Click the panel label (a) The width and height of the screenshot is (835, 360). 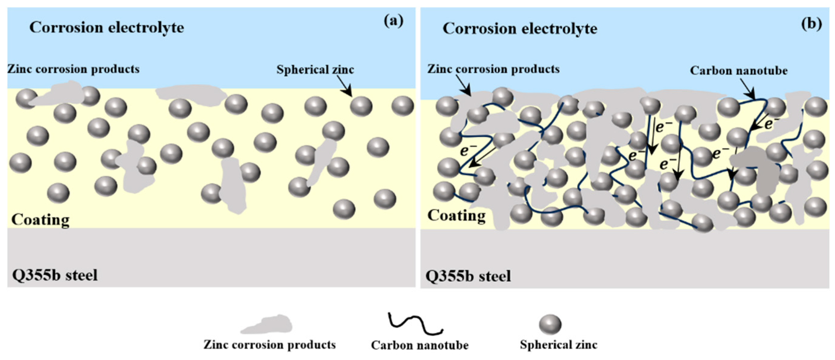point(393,21)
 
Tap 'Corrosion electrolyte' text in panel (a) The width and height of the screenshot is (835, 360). point(107,28)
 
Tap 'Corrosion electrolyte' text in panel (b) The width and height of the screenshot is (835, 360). point(520,29)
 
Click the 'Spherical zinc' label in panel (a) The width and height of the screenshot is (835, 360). point(315,70)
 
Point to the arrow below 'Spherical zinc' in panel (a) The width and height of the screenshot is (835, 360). point(344,86)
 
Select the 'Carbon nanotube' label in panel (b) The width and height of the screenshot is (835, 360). point(738,71)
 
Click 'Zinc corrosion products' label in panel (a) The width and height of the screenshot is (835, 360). point(74,69)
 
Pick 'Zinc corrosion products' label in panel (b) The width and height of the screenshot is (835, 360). point(493,69)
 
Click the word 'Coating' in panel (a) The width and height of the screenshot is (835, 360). point(40,220)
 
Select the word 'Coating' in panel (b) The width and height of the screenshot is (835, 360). point(456,216)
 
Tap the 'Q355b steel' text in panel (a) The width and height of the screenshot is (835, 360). point(55,275)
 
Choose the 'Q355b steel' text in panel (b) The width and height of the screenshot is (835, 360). point(468,276)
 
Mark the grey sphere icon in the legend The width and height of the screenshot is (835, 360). point(550,324)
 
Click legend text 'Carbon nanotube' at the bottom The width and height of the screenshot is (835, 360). point(419,345)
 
